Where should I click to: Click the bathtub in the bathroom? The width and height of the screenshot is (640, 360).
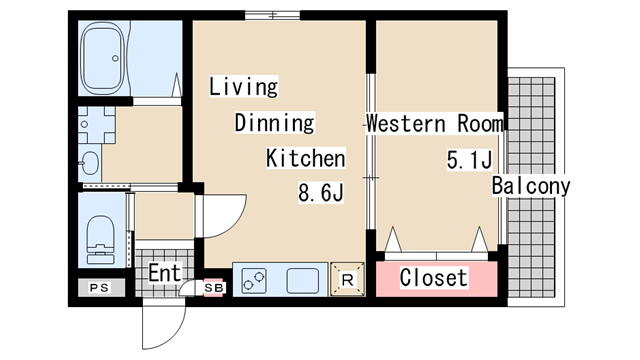(x=102, y=58)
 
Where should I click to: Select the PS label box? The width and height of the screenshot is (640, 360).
(x=101, y=288)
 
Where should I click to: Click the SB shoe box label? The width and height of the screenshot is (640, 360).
(x=214, y=288)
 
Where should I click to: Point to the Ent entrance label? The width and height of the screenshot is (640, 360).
(x=164, y=273)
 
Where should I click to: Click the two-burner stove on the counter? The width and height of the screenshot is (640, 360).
(x=254, y=281)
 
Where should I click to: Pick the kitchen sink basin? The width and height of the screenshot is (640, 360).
(x=302, y=281)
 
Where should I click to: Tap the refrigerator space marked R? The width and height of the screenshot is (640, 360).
(x=347, y=280)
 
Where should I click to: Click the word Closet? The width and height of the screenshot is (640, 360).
(x=433, y=278)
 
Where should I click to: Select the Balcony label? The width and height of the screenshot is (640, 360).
(x=531, y=186)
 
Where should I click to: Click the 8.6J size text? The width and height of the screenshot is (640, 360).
(x=321, y=193)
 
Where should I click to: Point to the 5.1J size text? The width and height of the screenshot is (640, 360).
(x=469, y=160)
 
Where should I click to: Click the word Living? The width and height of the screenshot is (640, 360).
(x=244, y=87)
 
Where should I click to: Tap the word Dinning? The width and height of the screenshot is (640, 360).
(x=275, y=123)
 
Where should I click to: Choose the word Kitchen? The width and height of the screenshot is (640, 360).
(x=306, y=158)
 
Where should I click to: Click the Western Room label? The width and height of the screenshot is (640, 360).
(x=435, y=123)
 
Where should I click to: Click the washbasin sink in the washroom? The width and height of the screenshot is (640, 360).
(x=89, y=163)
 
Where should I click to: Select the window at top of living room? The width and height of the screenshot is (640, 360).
(x=273, y=16)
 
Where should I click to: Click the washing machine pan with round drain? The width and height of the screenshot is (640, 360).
(x=97, y=124)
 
